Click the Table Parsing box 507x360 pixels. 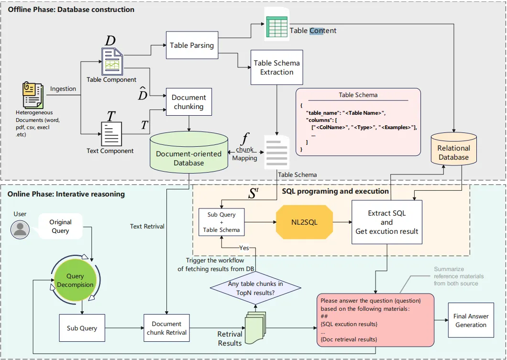pos(192,45)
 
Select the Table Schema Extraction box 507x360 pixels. pos(276,67)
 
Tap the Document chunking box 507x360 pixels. pos(188,102)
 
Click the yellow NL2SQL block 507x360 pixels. pos(304,222)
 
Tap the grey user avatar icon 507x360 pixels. pos(20,229)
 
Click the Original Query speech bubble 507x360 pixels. pos(61,226)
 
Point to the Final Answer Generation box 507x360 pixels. pos(471,320)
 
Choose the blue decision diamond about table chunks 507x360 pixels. pos(256,287)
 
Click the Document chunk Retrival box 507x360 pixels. pos(166,327)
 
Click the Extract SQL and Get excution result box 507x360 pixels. pos(387,222)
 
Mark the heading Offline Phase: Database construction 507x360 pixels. pos(71,10)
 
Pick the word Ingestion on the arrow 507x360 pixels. pos(63,88)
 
